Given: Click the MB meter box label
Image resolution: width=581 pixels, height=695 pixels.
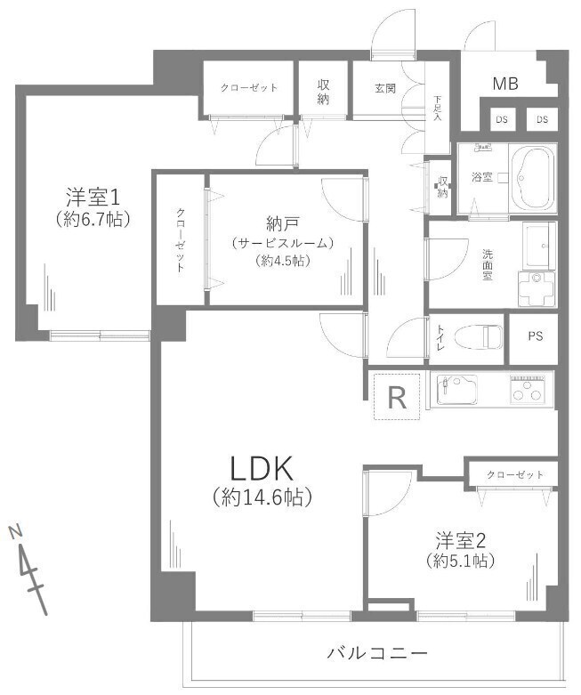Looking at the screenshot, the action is click(x=505, y=84).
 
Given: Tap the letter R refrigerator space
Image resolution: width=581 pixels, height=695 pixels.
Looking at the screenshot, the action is click(x=397, y=397).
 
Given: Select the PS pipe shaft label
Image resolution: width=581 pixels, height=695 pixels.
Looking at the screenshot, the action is click(x=536, y=336).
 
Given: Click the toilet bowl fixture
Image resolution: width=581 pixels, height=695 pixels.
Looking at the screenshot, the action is click(x=479, y=337).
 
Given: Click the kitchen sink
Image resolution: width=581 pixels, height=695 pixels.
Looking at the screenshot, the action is click(x=456, y=389).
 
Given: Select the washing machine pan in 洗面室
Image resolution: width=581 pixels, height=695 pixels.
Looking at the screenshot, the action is click(x=536, y=289).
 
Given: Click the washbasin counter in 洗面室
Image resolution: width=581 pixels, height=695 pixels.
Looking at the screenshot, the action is click(x=539, y=245).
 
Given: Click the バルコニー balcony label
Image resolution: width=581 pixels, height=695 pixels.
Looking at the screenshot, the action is click(x=377, y=652).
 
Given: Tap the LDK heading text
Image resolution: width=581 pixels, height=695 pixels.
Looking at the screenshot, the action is click(x=262, y=468).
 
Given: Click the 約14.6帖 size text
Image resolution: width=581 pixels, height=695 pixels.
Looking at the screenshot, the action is click(x=262, y=497).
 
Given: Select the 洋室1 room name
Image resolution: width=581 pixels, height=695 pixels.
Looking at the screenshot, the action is click(x=93, y=197).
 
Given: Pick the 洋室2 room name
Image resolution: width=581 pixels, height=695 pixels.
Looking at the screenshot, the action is click(x=461, y=541).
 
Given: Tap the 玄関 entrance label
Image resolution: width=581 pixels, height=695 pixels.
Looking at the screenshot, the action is click(x=385, y=88).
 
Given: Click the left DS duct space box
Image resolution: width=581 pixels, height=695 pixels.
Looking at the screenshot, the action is click(x=502, y=119).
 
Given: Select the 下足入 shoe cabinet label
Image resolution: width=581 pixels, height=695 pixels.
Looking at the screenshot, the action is click(x=438, y=109).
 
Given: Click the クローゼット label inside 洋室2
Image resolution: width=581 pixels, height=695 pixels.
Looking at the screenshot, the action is click(x=515, y=474).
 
